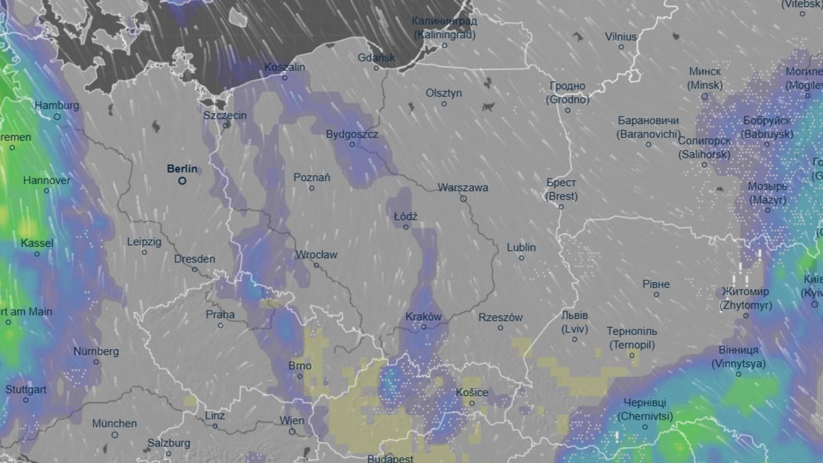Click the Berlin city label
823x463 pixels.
(182, 169)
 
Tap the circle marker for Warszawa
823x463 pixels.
(463, 199)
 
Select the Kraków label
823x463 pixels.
(423, 317)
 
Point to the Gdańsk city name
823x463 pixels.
(376, 58)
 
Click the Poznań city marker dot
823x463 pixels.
(312, 188)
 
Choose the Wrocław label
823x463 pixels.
(316, 254)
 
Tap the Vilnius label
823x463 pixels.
(621, 36)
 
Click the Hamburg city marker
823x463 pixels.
(57, 117)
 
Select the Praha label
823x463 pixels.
(220, 315)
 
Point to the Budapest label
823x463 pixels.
(390, 458)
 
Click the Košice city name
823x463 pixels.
(472, 392)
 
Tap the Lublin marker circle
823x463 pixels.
(521, 258)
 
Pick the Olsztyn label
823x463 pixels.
(444, 93)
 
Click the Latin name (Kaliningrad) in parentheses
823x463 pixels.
(445, 33)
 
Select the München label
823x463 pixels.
(115, 423)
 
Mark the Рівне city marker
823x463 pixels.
(656, 294)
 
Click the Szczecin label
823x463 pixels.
(225, 115)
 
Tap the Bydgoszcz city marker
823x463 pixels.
(353, 144)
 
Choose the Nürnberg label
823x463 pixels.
(96, 351)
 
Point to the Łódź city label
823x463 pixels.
(405, 216)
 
